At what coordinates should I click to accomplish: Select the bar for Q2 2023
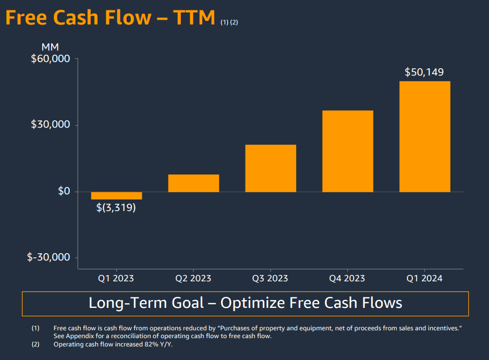pos(193,183)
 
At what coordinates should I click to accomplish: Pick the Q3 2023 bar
pos(271,168)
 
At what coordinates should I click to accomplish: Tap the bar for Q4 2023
pos(348,151)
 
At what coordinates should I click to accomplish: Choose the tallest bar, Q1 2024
pos(425,136)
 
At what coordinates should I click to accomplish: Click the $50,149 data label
pos(424,72)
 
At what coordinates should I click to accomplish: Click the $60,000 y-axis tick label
pos(51,59)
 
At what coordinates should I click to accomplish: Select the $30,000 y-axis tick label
pos(51,125)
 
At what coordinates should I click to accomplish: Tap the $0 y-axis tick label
pos(64,191)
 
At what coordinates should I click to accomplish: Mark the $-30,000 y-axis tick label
pos(48,257)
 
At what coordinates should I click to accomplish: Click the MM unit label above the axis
pos(50,47)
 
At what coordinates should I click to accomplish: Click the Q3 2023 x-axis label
pos(271,278)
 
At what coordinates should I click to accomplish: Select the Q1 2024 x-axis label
pos(425,278)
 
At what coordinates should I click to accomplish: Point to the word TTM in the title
pos(194,18)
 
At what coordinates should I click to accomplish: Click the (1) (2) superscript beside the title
pos(229,22)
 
